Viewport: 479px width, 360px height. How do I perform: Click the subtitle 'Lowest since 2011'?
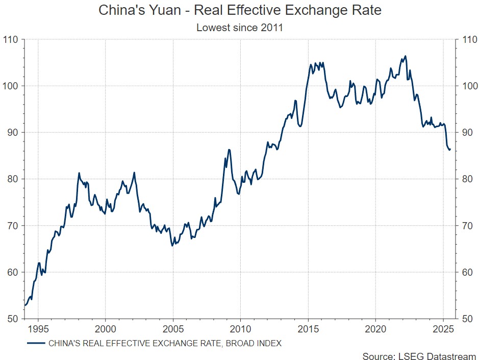point(239,28)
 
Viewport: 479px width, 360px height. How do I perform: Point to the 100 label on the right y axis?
point(469,86)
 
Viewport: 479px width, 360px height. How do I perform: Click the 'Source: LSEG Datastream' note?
point(419,355)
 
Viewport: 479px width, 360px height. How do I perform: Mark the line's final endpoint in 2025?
point(450,150)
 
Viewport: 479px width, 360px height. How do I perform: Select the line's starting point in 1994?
point(25,305)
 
